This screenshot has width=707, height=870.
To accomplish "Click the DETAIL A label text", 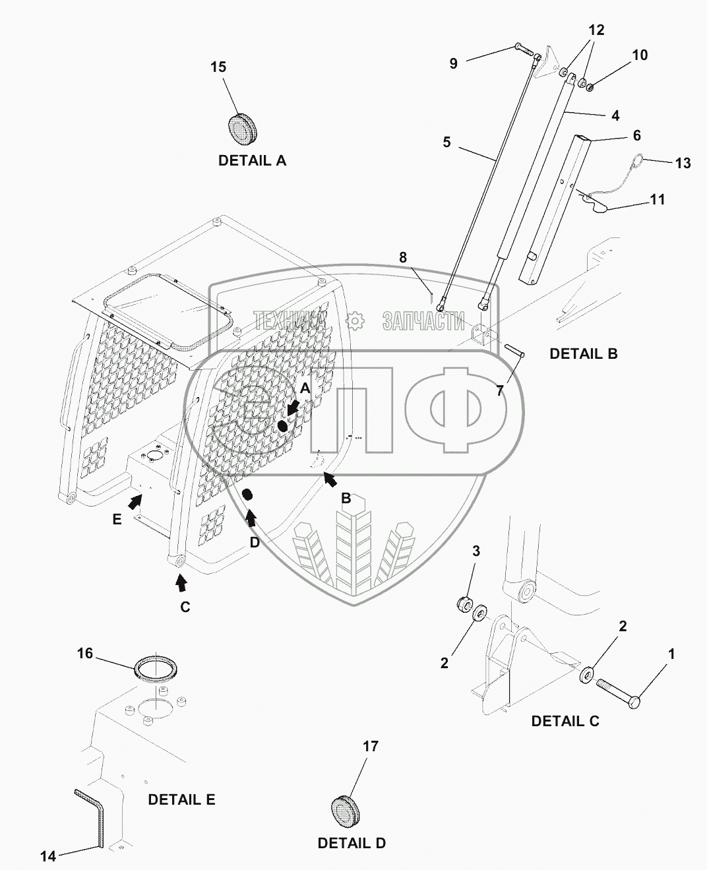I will coord(252,160).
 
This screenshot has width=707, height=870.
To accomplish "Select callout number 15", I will coord(218,67).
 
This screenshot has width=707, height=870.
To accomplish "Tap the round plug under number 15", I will coord(244,128).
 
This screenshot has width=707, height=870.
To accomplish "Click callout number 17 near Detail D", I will coord(371,746).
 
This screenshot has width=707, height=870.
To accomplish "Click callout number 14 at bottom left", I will coord(48,857).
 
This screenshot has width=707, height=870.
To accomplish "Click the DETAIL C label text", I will coord(565,721).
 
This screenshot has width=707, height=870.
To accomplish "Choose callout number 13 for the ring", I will coord(683,162).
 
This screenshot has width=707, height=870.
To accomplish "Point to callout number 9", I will coord(453,63).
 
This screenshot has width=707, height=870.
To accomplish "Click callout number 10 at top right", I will coord(640,55).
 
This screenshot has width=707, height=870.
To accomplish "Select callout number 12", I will coord(596,30).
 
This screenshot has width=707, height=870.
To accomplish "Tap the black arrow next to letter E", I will coord(135,503).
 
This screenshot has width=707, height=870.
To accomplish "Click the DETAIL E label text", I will coord(181,799).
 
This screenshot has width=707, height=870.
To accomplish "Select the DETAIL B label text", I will coord(583,354).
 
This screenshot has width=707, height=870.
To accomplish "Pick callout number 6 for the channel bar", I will coord(636,135).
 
